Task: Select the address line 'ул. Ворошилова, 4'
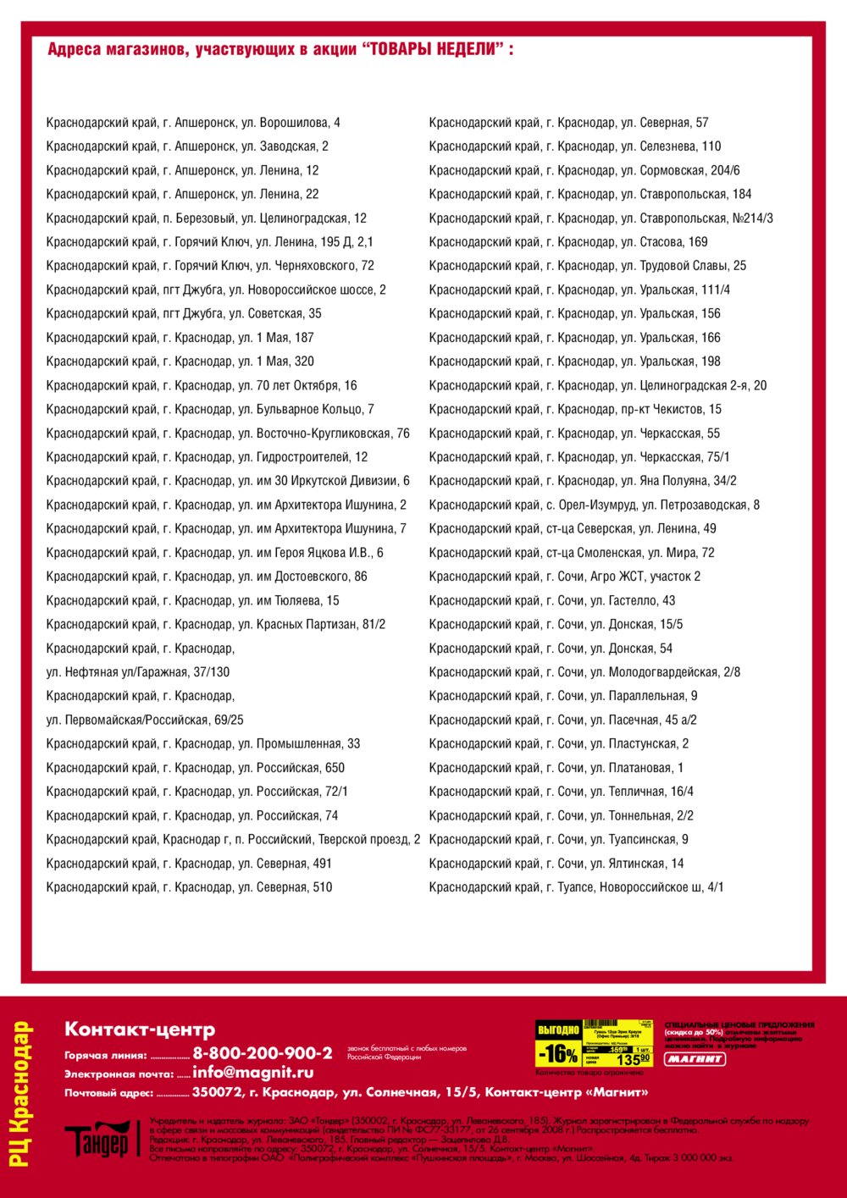tap(193, 123)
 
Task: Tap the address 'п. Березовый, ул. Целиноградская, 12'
tap(207, 218)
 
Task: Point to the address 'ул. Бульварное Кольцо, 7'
tap(210, 410)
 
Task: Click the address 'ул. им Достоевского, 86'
tap(207, 577)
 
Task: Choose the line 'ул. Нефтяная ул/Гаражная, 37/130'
tap(138, 672)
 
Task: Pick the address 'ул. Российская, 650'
tap(196, 768)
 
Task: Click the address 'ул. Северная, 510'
tap(189, 887)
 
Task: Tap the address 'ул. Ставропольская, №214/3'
tap(601, 218)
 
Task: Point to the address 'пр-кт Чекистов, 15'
tap(575, 410)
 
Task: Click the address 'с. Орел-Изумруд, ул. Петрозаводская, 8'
tap(594, 505)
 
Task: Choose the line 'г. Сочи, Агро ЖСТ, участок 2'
tap(564, 577)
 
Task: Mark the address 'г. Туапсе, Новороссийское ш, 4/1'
tap(576, 887)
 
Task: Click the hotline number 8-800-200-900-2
tap(263, 1053)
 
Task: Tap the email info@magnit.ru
tap(253, 1073)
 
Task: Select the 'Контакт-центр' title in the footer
tap(140, 1030)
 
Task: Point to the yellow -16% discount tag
tap(559, 1054)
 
